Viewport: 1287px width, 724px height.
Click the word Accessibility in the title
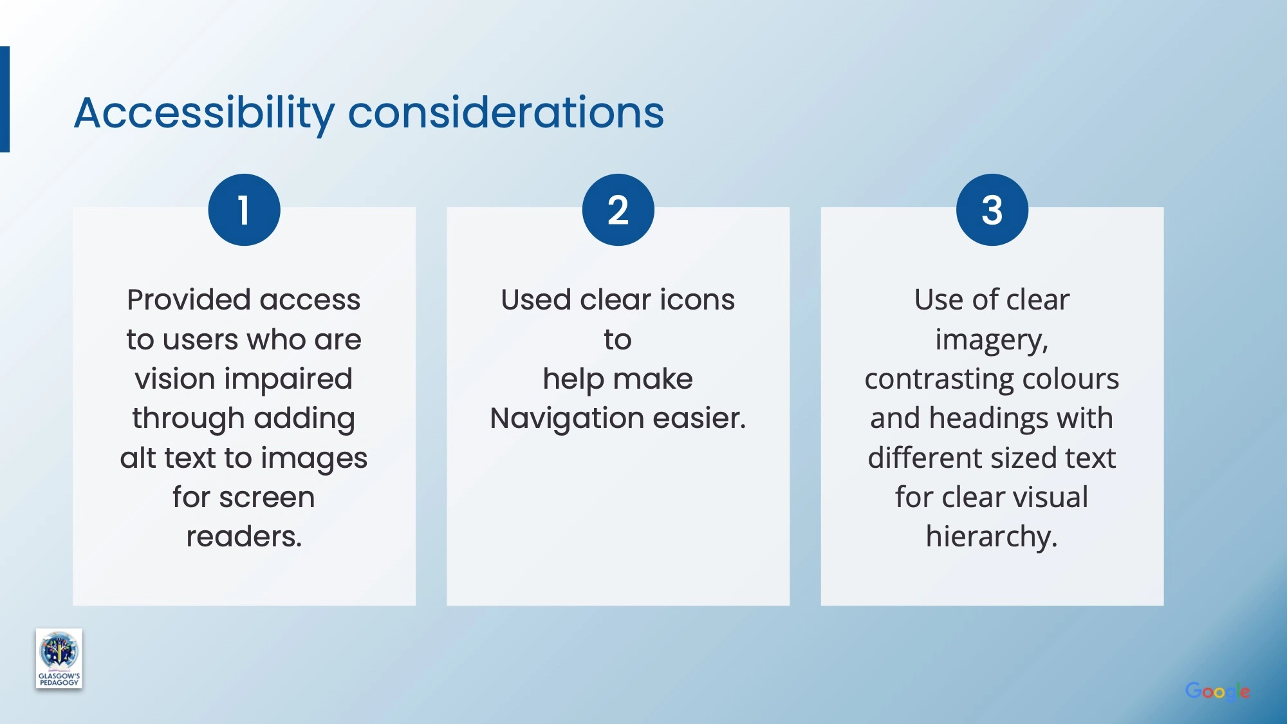(205, 114)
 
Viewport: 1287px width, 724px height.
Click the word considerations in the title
(506, 113)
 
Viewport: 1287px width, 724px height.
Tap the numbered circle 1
(244, 210)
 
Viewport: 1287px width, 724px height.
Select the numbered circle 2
(618, 210)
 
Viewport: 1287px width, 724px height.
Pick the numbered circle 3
(992, 210)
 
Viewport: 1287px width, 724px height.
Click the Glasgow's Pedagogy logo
(59, 658)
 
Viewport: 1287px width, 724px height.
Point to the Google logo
(1218, 692)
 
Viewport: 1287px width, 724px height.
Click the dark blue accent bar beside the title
(5, 99)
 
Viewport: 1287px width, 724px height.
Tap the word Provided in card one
(189, 300)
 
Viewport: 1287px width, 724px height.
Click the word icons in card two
(697, 300)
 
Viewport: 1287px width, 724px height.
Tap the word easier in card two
(698, 418)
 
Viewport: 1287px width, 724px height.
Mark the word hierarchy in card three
(991, 537)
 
